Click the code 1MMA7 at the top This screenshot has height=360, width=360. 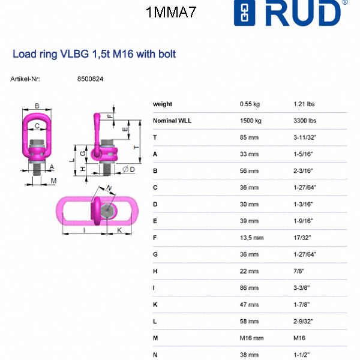170,12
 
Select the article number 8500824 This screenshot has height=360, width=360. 91,79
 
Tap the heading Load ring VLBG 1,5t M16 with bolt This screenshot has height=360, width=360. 94,54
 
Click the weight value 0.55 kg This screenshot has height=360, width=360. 250,104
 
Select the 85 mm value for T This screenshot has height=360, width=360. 249,137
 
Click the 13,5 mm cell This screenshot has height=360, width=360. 252,238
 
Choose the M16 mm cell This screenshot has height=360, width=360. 252,338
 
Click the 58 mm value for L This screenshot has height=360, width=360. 249,321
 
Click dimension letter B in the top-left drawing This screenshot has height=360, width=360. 37,106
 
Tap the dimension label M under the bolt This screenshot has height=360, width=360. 53,181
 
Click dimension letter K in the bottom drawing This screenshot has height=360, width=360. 120,230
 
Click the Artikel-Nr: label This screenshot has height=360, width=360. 25,79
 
